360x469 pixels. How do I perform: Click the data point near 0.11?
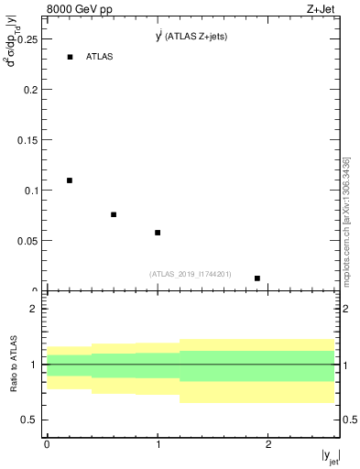(70, 180)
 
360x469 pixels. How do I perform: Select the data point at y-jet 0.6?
(114, 214)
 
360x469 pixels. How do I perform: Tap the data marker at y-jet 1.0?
(158, 233)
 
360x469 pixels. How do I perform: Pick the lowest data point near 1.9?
(257, 278)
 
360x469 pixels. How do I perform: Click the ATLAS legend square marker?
(70, 57)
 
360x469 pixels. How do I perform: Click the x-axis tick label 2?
(268, 444)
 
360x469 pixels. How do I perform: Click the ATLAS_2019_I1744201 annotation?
(191, 274)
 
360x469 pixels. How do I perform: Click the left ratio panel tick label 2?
(35, 309)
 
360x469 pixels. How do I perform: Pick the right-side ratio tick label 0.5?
(348, 420)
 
